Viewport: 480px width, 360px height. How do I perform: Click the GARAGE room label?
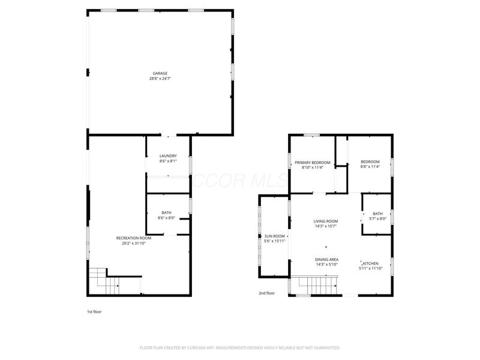(160, 73)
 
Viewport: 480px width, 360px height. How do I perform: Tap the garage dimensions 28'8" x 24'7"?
(160, 79)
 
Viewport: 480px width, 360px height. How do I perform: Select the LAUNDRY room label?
(168, 156)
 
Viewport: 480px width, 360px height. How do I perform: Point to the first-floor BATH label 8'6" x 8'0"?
(166, 212)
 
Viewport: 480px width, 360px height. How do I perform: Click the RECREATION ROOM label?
(130, 238)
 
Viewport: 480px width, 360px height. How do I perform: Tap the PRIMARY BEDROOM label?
(313, 162)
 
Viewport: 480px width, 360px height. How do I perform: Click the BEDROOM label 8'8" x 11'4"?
(370, 162)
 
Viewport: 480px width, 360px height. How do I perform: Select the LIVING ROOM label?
(326, 221)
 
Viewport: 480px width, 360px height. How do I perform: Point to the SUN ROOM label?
(274, 236)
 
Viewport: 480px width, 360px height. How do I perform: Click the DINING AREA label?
(327, 259)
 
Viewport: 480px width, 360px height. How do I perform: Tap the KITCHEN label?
(370, 263)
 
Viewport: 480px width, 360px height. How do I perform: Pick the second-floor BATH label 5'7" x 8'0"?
(377, 213)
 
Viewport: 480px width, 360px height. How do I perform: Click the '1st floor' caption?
(94, 311)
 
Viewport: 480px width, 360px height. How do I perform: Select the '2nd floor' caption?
(266, 293)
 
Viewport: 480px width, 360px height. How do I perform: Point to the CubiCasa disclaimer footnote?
(240, 347)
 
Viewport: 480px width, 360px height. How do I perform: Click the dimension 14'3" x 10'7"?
(326, 226)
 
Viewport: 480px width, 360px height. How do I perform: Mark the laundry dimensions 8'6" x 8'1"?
(168, 161)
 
